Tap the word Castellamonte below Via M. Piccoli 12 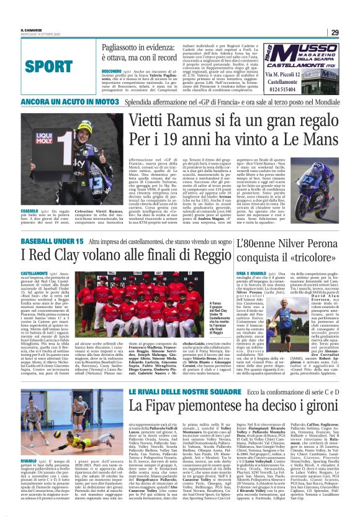(x=308, y=80)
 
